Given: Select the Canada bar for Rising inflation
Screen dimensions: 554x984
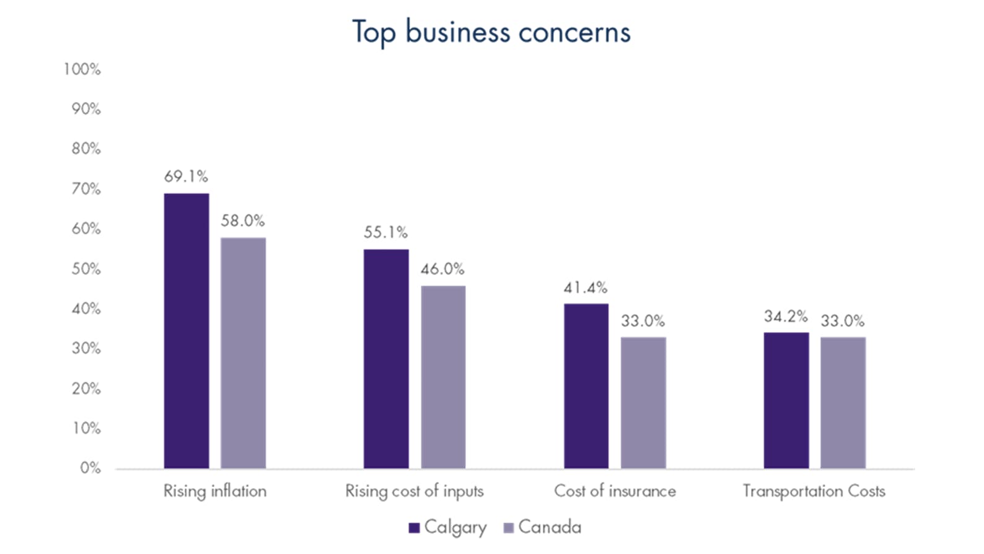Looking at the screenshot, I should coord(243,353).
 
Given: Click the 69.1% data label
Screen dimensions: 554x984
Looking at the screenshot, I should coord(186,177).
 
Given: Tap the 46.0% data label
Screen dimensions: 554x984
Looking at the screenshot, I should coord(442,269).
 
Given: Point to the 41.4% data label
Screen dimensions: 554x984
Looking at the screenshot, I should coord(586,288).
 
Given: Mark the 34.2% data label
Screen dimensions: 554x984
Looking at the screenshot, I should coord(786,317).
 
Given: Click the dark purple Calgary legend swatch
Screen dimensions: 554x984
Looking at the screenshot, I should coord(415,528).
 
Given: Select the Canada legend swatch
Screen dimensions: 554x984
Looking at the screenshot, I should coord(509,528).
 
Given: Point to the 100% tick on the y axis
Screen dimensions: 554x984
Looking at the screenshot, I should coord(82,69).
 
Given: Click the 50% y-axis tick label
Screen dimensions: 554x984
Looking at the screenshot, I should coord(86,269).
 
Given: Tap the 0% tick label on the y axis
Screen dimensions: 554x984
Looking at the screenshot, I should coord(90,468).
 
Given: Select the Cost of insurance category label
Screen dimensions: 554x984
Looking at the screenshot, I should coord(615,491).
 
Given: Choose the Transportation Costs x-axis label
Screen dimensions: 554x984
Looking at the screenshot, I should coord(814,491).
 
